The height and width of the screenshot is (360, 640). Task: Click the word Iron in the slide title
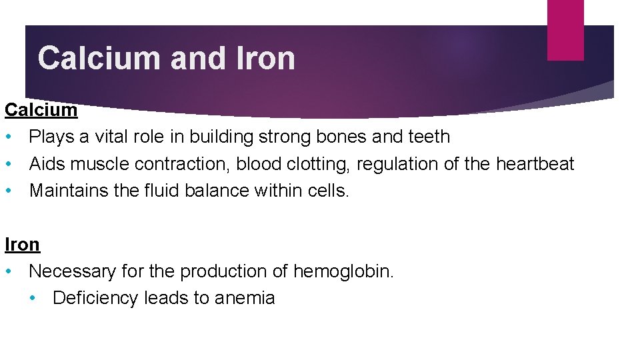265,58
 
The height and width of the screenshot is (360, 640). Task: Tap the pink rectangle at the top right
565,30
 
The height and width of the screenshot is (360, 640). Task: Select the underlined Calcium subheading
41,110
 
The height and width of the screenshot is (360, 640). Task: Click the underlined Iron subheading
23,245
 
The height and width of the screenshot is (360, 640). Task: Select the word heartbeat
535,164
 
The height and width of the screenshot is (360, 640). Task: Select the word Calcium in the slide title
100,58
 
